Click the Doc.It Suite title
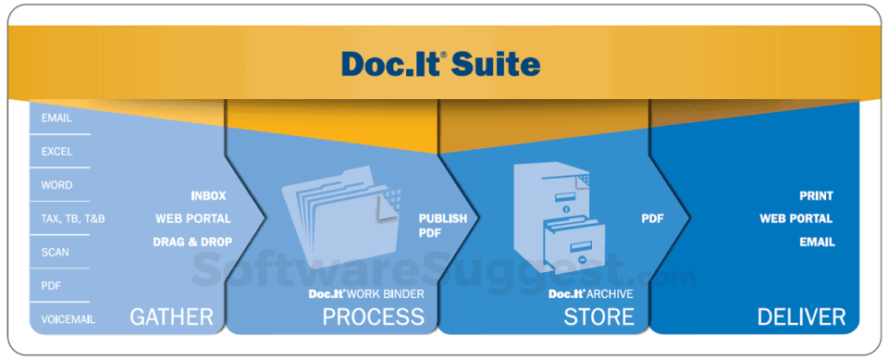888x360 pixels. (x=440, y=64)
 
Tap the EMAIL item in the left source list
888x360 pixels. (x=56, y=118)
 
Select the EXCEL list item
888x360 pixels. (x=56, y=152)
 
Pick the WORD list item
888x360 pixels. (x=56, y=185)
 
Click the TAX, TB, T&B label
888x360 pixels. (x=73, y=218)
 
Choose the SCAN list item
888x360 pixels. (x=55, y=252)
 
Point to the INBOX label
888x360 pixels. (x=208, y=196)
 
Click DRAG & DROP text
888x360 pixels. (x=192, y=242)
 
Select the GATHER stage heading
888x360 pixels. (x=171, y=317)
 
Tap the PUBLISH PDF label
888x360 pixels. (x=442, y=227)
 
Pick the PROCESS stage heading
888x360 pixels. (x=373, y=317)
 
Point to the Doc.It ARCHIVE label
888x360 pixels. (x=590, y=294)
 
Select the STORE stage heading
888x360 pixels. (x=598, y=317)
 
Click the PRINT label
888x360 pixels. (x=816, y=196)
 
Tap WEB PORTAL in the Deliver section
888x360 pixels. (x=795, y=219)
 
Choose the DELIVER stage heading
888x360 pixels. (x=801, y=317)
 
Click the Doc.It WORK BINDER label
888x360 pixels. (x=366, y=294)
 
